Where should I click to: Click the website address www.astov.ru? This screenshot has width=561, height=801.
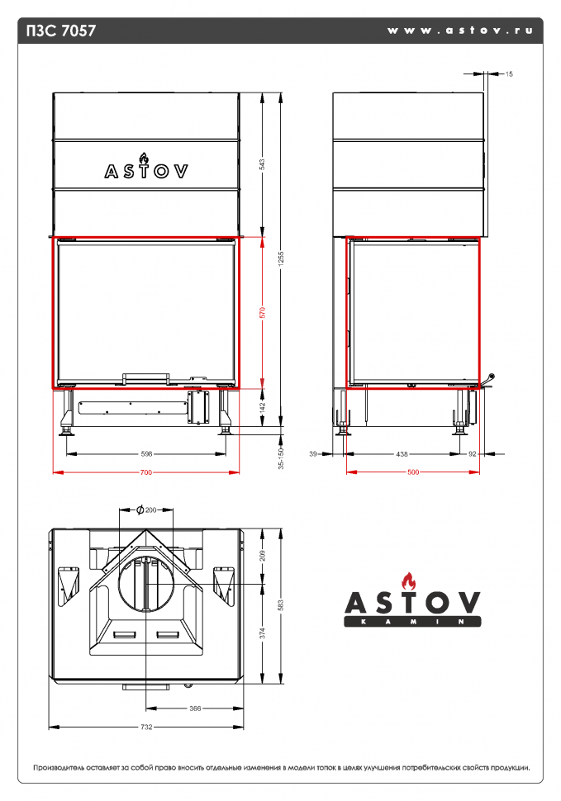459,31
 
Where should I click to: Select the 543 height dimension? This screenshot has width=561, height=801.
262,164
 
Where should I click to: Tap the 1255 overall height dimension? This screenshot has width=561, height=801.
281,258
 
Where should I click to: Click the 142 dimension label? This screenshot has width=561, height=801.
262,407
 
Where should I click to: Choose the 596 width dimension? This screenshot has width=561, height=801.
146,453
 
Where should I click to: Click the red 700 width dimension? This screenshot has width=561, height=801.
146,472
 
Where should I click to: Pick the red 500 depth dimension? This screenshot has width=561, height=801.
413,472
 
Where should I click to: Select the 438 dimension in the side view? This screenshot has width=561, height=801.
402,453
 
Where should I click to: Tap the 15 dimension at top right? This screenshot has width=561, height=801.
508,74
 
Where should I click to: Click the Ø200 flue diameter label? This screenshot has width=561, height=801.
146,510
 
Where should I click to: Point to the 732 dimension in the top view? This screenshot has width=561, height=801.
146,727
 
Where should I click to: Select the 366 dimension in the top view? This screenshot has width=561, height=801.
195,708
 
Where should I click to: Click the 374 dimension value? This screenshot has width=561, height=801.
263,634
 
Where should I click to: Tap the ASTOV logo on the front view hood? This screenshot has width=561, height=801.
145,168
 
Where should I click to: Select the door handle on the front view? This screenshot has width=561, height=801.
146,378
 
